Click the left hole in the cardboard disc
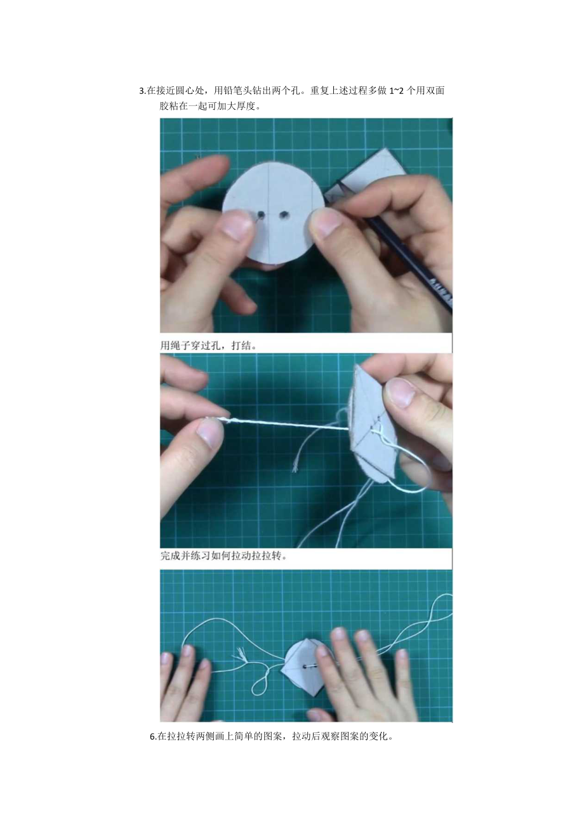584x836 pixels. pyautogui.click(x=261, y=215)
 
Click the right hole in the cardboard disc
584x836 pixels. pyautogui.click(x=284, y=215)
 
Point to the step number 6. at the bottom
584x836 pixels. pyautogui.click(x=154, y=737)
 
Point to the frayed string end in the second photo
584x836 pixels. pyautogui.click(x=295, y=468)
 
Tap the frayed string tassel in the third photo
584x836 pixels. pyautogui.click(x=241, y=654)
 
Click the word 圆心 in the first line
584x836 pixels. pyautogui.click(x=187, y=91)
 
